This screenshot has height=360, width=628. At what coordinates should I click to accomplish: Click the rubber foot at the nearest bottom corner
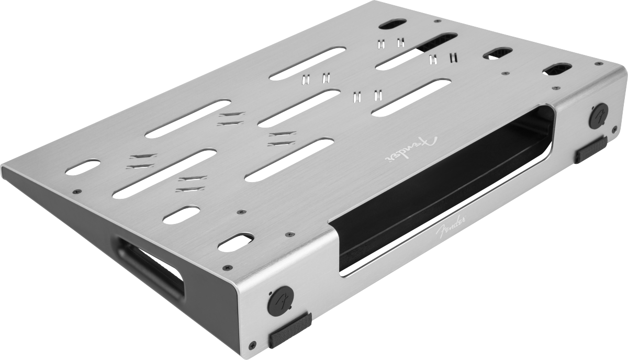point(290,330)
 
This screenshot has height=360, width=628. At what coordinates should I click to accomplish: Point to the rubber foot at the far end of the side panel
point(591,150)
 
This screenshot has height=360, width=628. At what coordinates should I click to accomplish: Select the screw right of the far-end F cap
point(614,129)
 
